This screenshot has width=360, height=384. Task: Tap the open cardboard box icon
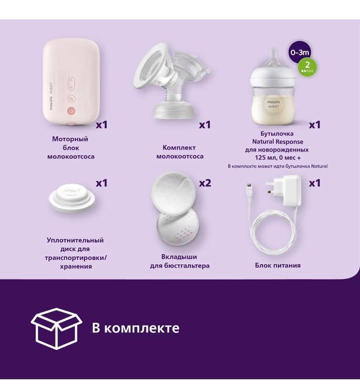point(56,329)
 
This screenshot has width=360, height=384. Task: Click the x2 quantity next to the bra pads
point(204,183)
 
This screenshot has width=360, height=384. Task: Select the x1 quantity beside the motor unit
point(102,125)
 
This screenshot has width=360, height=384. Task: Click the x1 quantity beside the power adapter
point(314,183)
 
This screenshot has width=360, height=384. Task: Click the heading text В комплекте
point(135,329)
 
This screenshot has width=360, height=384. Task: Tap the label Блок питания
point(278,265)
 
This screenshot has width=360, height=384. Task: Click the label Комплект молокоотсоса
point(180,152)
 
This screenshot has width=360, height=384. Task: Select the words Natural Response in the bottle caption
point(278,141)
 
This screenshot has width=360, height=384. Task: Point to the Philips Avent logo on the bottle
point(273,104)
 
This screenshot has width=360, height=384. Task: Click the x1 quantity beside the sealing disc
point(102,182)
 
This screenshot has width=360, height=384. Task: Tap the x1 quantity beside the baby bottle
point(314,125)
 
